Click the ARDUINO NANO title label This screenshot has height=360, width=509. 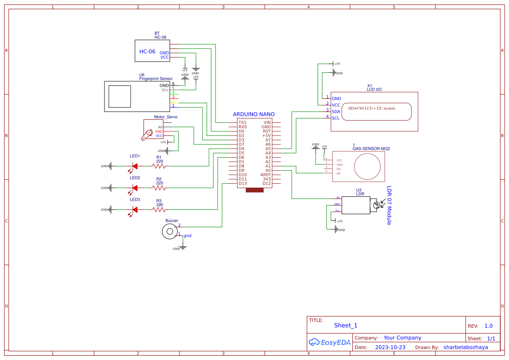pos(254,114)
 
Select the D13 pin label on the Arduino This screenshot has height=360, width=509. pos(243,183)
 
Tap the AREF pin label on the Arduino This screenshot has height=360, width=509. pos(266,175)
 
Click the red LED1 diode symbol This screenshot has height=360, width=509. pos(135,166)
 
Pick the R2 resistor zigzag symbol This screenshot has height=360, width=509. pos(159,188)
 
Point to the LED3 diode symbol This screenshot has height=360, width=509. pos(135,209)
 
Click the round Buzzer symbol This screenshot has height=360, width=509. pos(170,232)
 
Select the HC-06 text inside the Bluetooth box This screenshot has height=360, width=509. pos(147,51)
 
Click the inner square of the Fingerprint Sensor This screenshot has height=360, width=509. pos(119,96)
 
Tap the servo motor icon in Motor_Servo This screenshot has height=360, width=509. pos(147,135)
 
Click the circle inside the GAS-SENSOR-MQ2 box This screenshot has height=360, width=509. pos(367,166)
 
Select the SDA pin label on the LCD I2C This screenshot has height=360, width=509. pos(336,111)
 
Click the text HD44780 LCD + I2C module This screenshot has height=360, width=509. pos(371,108)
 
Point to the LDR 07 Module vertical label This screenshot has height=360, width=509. pos(389,205)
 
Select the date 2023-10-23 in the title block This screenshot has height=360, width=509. pos(390,347)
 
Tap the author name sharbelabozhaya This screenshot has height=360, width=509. pos(465,347)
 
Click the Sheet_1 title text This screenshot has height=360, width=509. pos(346,325)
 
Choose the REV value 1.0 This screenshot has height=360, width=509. pos(489,326)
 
